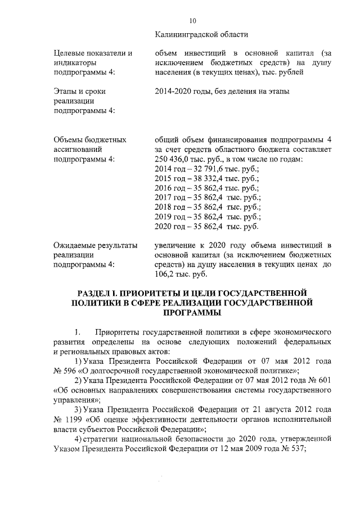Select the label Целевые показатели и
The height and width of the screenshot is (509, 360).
pyautogui.click(x=93, y=53)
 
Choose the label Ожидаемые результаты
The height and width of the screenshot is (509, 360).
pyautogui.click(x=95, y=245)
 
